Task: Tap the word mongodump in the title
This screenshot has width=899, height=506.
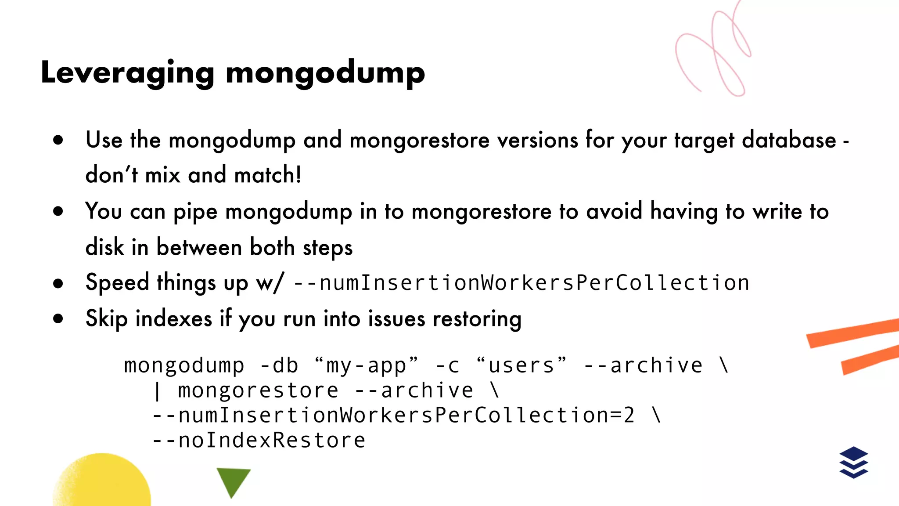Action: (x=325, y=73)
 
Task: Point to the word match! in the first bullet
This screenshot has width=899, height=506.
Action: (x=268, y=175)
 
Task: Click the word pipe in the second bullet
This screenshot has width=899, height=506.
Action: (x=195, y=212)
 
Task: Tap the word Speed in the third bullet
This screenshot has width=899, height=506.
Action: (x=117, y=282)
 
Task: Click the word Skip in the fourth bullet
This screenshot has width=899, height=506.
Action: (x=106, y=319)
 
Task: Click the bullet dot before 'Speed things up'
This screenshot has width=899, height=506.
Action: (x=58, y=283)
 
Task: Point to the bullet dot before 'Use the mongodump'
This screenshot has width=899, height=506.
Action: (x=58, y=141)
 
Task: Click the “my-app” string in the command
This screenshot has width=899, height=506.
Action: (x=367, y=365)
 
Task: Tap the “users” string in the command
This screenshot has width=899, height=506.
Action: (x=521, y=365)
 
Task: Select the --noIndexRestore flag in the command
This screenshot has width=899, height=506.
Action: (x=259, y=441)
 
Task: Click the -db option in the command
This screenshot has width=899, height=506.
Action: (x=279, y=365)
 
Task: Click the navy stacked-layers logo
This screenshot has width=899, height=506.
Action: (x=853, y=462)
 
